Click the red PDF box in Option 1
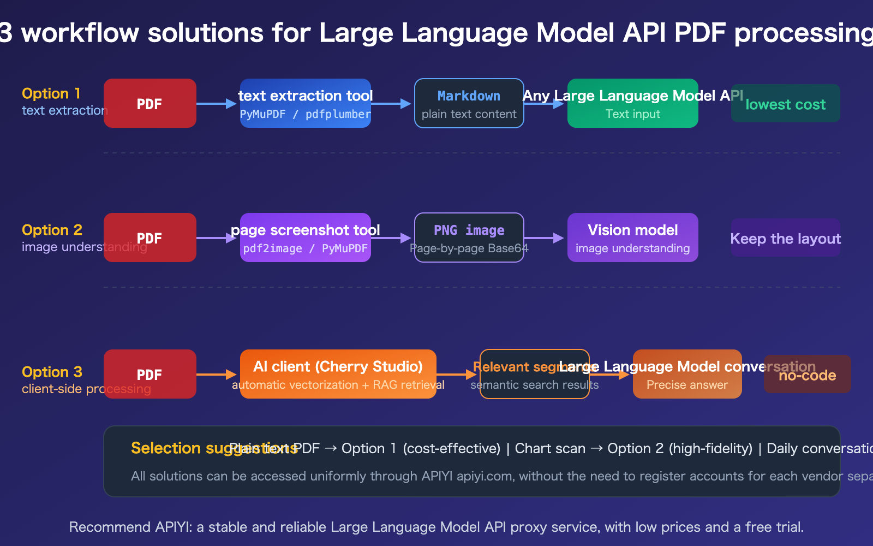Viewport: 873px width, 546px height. pos(150,103)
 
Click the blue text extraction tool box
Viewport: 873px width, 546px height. pos(306,103)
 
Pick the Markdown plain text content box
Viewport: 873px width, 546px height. pos(469,103)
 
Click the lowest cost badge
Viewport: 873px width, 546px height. pos(785,103)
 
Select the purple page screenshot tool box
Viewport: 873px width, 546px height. pos(306,238)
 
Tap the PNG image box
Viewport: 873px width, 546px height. pos(469,238)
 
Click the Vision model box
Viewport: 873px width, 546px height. pos(633,238)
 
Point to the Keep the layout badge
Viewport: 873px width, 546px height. pos(785,238)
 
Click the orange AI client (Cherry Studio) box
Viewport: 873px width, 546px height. pos(338,374)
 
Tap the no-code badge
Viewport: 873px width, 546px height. pos(807,374)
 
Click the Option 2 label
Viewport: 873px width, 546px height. pos(52,230)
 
